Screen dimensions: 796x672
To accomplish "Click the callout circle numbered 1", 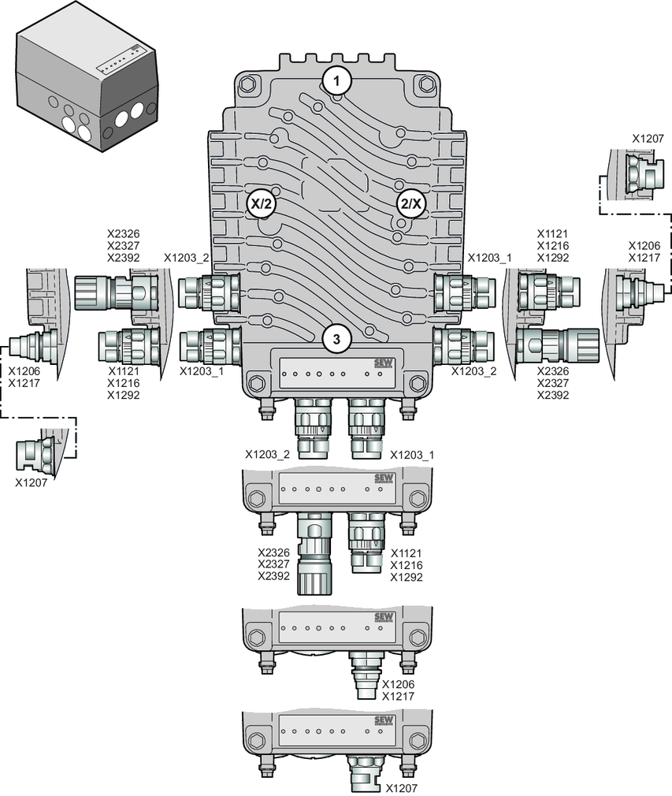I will coord(337,80).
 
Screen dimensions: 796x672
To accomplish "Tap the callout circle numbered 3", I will coord(336,339).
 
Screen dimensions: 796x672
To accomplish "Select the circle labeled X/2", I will coord(262,203).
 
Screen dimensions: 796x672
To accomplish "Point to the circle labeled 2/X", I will coord(410,203).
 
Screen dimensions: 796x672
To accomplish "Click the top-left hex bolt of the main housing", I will coord(248,84).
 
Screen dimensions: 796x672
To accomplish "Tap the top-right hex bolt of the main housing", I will coord(426,84).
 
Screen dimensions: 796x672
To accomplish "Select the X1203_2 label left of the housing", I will coord(187,258).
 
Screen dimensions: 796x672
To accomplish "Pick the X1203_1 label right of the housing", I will coord(489,258).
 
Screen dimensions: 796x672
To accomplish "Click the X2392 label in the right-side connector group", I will coord(553,395).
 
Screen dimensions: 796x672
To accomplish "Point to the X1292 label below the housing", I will coord(407,578).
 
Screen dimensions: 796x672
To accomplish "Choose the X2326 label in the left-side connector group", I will coord(123,234).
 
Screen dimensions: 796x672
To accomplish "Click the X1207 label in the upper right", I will coord(648,137).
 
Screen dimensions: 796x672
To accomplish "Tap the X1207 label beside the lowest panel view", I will coord(402,787).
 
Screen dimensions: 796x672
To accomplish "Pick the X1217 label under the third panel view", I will coord(398,696).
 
